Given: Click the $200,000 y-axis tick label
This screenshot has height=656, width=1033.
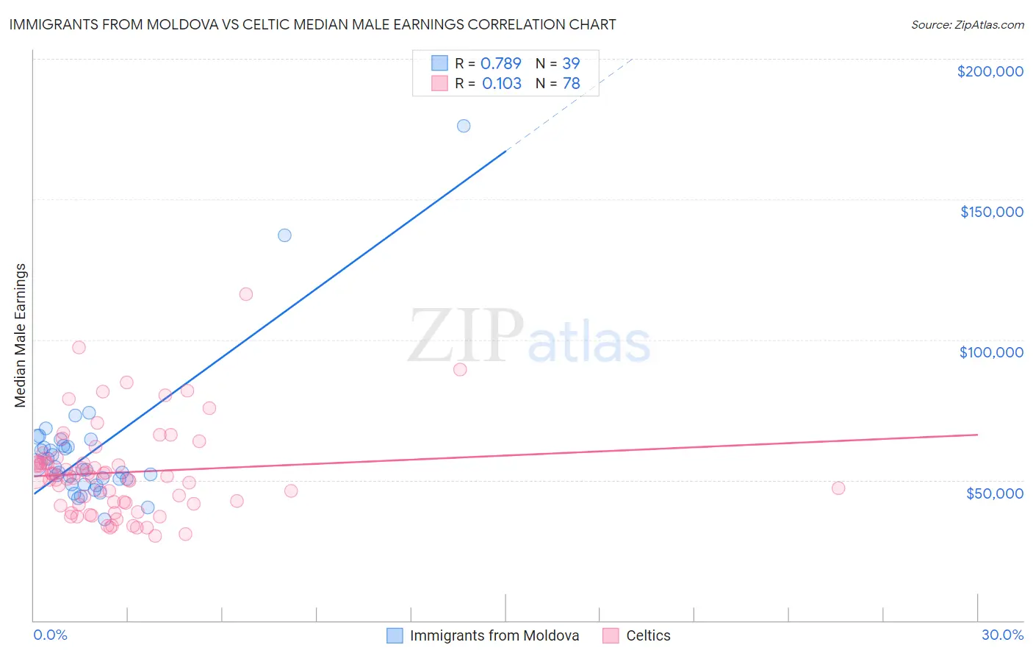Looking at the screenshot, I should [x=990, y=71].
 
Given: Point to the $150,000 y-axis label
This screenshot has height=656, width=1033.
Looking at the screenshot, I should [x=991, y=212].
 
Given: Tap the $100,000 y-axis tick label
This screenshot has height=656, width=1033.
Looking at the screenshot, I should [x=991, y=352].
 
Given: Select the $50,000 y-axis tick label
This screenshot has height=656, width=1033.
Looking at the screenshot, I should [x=994, y=493].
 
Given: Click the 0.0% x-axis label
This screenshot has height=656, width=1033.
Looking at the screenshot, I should [x=50, y=635].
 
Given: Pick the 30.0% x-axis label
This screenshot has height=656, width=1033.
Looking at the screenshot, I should [x=1002, y=635].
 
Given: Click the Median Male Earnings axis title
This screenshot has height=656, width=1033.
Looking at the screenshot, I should [x=21, y=335].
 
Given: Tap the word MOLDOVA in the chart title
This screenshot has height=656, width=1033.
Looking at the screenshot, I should [x=187, y=24].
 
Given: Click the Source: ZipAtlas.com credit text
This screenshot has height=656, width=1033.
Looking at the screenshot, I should [x=967, y=24].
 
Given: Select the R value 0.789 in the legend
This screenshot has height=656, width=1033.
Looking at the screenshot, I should [x=500, y=63].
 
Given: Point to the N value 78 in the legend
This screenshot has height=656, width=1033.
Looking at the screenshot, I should [x=571, y=83].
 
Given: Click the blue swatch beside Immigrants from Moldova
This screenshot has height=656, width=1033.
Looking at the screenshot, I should [x=395, y=635].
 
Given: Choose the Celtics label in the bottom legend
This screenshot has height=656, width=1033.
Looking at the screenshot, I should [x=647, y=635].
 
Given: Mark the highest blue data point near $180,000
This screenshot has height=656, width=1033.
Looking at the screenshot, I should [x=464, y=126].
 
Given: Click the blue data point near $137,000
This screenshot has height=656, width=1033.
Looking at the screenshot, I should [x=284, y=235].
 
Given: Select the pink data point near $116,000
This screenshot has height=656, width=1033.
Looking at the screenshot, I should [x=246, y=294].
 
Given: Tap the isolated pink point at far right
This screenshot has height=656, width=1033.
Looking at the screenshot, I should [x=838, y=488].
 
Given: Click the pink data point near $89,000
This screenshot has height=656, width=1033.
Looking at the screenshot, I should [x=460, y=369].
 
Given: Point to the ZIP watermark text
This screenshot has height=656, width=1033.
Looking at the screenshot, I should [x=466, y=336].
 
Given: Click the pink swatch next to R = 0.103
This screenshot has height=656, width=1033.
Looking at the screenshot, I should [x=439, y=83].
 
